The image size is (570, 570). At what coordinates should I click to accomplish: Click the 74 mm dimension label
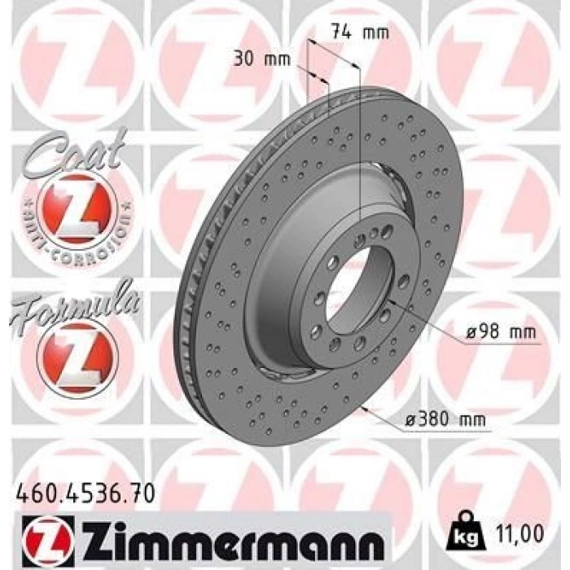(360, 32)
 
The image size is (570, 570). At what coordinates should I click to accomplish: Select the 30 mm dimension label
(261, 59)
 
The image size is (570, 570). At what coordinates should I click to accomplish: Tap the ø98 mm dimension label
(501, 332)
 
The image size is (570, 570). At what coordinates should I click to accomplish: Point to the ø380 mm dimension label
(445, 420)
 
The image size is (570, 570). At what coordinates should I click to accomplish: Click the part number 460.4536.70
(85, 493)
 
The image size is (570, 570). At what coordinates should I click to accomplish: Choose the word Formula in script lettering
(75, 305)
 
